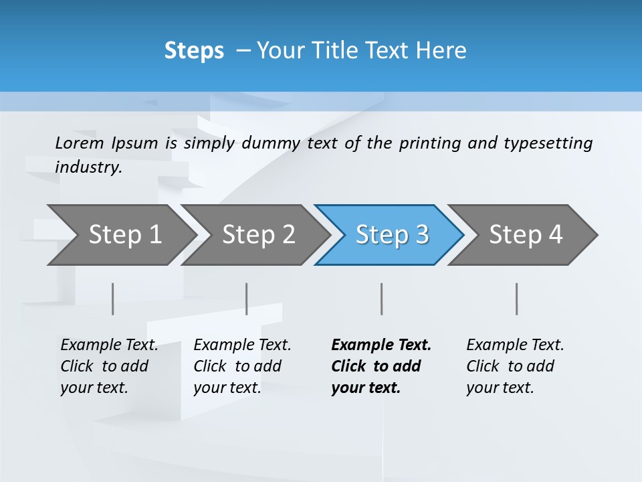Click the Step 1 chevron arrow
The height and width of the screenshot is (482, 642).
123,235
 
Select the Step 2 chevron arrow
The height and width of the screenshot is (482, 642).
257,235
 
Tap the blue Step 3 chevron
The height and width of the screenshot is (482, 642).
391,235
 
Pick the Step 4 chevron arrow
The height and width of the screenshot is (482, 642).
525,235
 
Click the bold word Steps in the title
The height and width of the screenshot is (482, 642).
194,50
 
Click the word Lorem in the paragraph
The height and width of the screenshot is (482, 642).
80,143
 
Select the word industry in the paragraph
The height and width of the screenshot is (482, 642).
88,167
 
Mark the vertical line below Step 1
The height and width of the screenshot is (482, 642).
113,299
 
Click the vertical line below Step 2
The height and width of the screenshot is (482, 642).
247,299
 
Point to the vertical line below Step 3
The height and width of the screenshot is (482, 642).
381,299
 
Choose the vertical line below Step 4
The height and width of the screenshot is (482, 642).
516,299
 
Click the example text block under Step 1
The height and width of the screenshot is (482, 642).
109,366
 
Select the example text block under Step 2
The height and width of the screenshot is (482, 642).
242,366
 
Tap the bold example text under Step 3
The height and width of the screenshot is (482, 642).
381,366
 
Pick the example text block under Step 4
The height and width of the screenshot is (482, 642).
515,366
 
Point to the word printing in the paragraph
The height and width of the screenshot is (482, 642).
430,143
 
